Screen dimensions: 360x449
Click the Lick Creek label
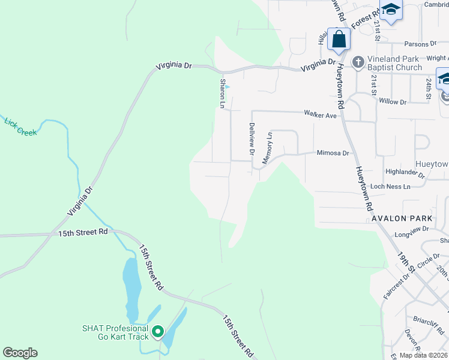coord(20,127)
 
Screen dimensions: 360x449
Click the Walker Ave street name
coord(320,113)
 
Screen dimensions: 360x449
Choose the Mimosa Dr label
coord(333,153)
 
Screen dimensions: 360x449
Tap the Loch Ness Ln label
coord(390,187)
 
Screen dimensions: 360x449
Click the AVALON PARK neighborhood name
coord(402,218)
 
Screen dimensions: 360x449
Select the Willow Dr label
coord(393,102)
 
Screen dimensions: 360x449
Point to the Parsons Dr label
coord(420,44)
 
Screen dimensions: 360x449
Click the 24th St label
coord(429,88)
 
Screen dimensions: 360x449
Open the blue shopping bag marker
coord(339,39)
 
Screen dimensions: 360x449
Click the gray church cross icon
coord(358,62)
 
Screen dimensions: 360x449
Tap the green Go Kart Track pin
coord(158,331)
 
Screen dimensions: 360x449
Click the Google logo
coord(20,353)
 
